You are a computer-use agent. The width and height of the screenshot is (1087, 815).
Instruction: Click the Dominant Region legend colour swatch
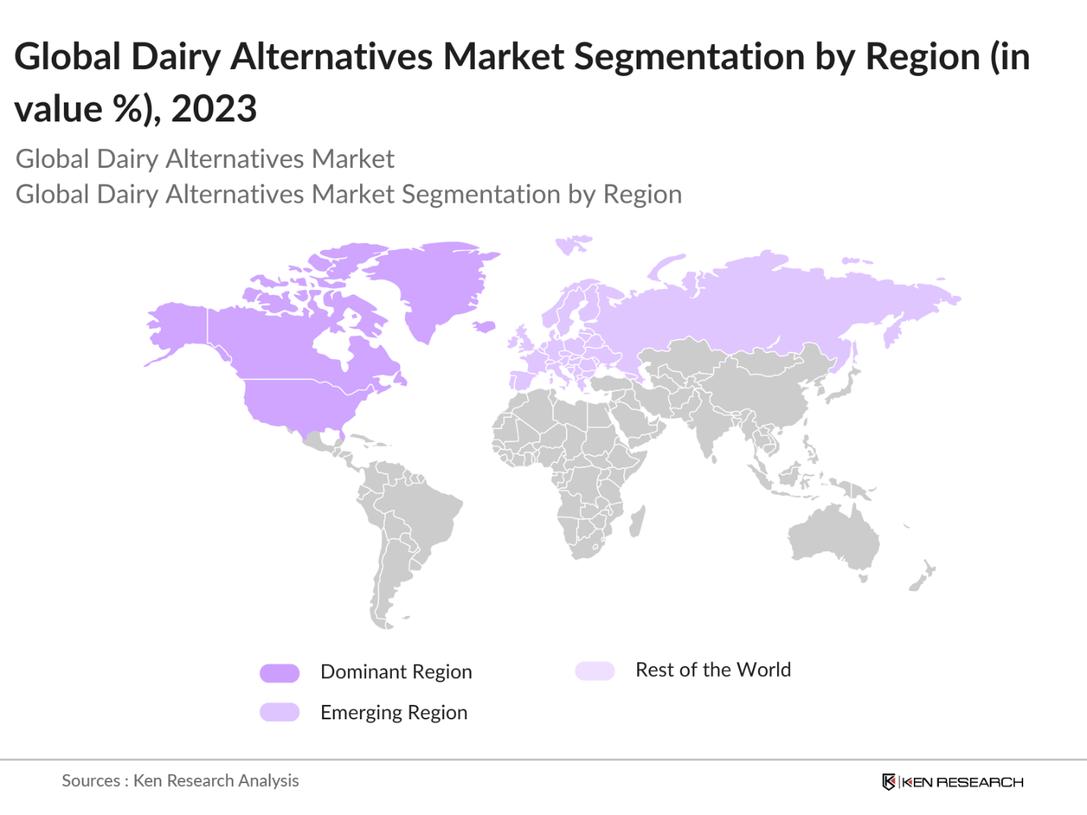280,673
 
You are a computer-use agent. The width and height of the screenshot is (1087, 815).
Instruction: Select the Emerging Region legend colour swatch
280,712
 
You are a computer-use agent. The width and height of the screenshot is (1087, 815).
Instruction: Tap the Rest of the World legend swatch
595,671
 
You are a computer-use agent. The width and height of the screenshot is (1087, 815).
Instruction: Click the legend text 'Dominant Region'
396,672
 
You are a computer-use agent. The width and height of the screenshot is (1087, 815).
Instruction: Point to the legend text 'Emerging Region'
393,712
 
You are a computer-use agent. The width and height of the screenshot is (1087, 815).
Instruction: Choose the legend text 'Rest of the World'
713,670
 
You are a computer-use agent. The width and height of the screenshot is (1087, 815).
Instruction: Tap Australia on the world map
833,536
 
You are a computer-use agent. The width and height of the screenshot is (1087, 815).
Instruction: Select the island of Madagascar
637,522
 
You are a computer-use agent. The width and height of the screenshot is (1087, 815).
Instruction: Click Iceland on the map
484,327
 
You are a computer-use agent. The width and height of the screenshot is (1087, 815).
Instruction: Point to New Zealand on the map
923,577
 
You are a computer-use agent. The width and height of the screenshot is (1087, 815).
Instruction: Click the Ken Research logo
953,782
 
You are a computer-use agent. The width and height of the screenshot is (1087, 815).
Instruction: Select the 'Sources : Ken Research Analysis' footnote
180,781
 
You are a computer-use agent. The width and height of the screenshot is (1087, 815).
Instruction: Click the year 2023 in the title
214,109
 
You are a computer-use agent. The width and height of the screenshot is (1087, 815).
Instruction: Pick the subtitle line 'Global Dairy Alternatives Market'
205,159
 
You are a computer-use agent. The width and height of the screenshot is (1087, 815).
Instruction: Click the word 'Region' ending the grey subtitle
642,194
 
